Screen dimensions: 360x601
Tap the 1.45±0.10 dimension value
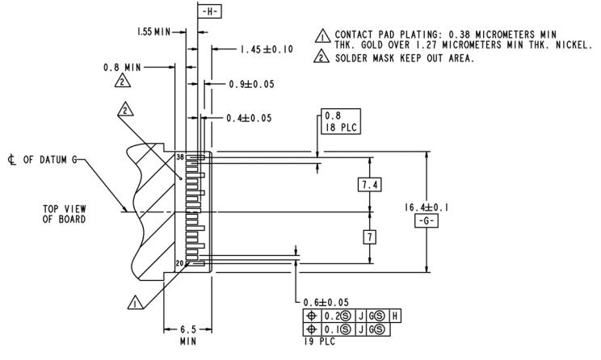[266, 49]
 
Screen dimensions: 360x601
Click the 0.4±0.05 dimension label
[248, 118]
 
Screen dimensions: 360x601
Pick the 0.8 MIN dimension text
[123, 67]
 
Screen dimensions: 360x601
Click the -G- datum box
[425, 221]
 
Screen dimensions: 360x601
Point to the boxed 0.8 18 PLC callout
[338, 121]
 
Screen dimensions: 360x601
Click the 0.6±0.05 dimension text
[326, 303]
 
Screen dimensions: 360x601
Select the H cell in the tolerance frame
[395, 316]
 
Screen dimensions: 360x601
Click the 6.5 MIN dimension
[187, 335]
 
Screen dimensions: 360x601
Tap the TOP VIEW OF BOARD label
[65, 213]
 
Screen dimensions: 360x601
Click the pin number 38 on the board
[179, 157]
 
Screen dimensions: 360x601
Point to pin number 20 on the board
[179, 262]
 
